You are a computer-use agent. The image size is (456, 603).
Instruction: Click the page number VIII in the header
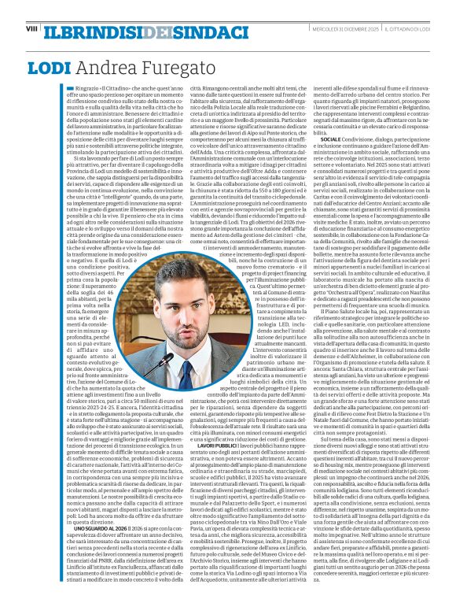(31, 28)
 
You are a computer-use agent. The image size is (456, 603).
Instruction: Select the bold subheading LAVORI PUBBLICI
(212, 422)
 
